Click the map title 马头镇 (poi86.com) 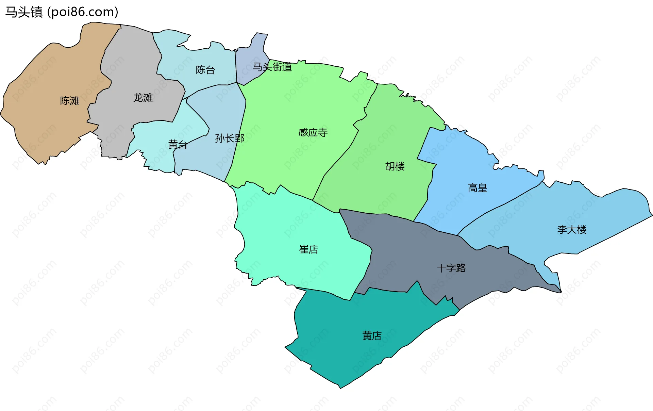click(x=62, y=12)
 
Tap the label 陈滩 click(x=70, y=101)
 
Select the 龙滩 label click(x=143, y=98)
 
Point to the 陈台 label click(x=205, y=70)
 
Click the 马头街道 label click(x=272, y=67)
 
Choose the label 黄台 click(x=178, y=145)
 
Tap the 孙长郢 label click(x=230, y=138)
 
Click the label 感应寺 click(x=313, y=132)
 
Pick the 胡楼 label click(x=395, y=166)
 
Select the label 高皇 click(x=478, y=188)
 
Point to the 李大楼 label click(x=572, y=230)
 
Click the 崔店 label click(x=308, y=250)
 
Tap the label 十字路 click(x=451, y=268)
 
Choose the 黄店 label click(x=372, y=336)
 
